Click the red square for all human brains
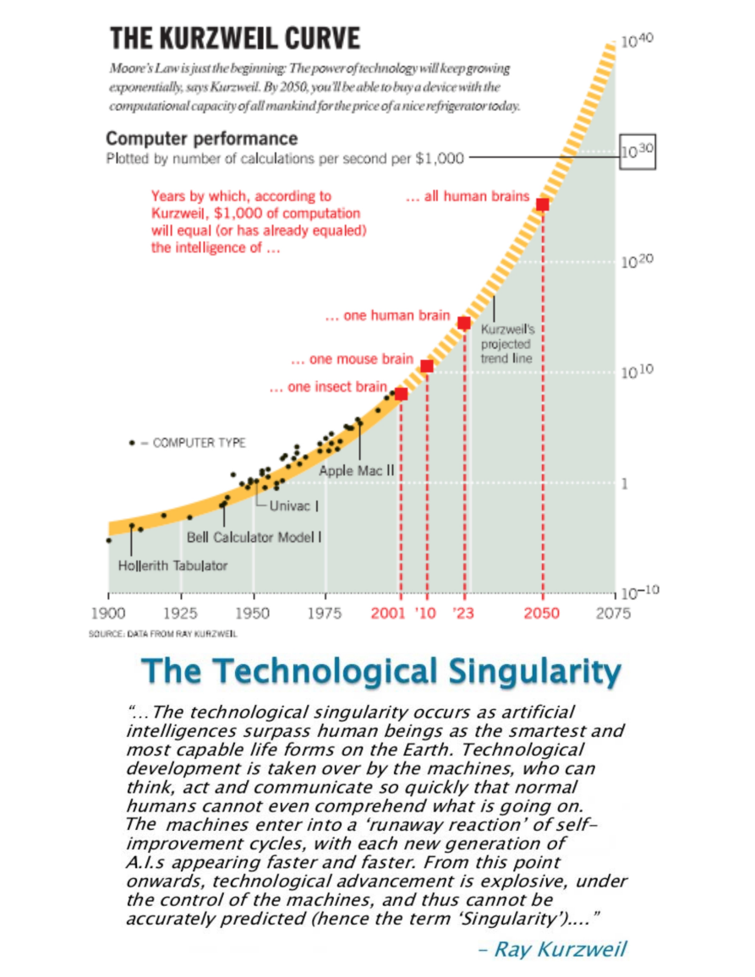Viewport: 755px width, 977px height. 543,205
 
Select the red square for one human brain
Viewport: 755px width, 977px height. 464,323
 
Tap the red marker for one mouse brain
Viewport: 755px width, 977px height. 427,366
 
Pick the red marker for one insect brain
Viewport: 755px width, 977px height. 401,394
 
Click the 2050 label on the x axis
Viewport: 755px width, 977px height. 542,614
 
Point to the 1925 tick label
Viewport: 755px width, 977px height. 180,614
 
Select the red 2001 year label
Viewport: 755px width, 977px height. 388,614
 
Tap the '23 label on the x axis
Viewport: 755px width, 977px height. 463,614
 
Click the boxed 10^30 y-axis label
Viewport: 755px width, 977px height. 638,152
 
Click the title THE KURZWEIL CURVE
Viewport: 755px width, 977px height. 235,38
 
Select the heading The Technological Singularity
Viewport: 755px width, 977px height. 381,672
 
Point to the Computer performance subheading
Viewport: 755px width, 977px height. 202,139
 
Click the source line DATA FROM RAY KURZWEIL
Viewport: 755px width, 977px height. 163,633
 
